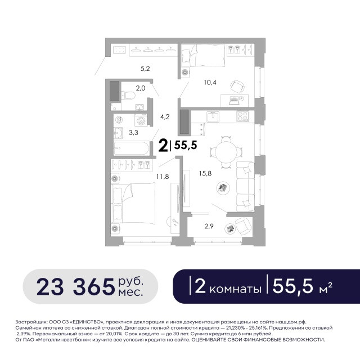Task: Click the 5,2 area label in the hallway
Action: tap(145, 69)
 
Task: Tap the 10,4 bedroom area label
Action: tap(210, 82)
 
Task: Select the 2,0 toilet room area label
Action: tap(141, 88)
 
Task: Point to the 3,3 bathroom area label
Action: tap(133, 133)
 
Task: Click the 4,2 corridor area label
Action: tap(165, 117)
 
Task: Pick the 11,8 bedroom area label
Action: tap(163, 176)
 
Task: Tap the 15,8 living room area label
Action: tap(205, 174)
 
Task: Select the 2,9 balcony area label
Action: tap(209, 226)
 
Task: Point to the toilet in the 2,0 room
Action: tap(128, 95)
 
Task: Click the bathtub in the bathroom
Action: tap(132, 148)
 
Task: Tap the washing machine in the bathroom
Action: tap(141, 120)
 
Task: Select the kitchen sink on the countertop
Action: tap(213, 117)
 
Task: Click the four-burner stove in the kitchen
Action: tap(242, 116)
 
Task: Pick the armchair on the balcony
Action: tap(243, 226)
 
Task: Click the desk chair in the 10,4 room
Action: tap(237, 87)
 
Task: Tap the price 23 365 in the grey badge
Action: tap(75, 287)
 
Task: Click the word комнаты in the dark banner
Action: tap(235, 289)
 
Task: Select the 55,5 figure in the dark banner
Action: tap(292, 286)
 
